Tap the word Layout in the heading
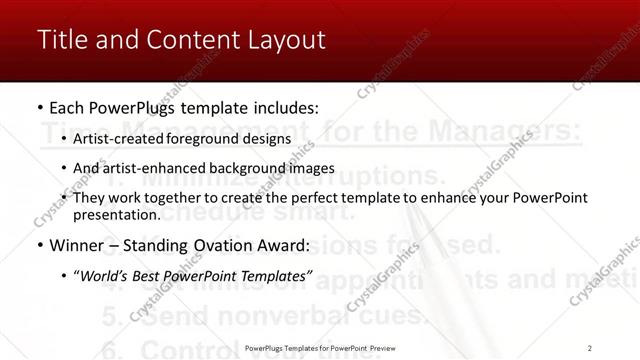coord(288,40)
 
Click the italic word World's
coord(107,275)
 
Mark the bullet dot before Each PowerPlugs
coord(39,108)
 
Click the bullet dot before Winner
coord(39,245)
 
